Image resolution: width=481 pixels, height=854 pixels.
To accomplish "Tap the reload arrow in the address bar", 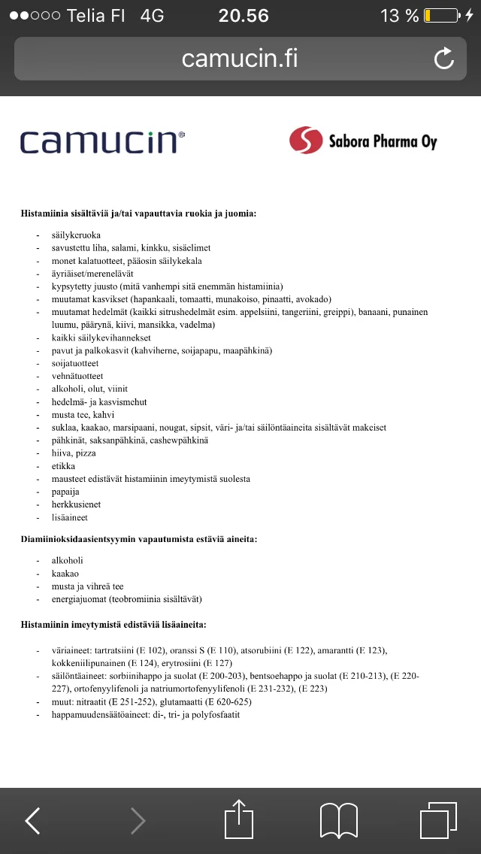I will point(444,59).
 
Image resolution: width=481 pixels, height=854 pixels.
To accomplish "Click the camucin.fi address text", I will point(240,59).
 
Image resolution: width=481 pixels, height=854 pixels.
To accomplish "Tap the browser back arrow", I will point(33,820).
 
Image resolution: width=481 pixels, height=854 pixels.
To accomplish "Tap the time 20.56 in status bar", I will point(244,16).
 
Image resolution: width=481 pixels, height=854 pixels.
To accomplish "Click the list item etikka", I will point(63,466).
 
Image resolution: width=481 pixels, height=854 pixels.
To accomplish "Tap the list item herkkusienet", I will point(76,504).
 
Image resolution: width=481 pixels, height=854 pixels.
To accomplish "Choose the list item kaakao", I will point(65,574).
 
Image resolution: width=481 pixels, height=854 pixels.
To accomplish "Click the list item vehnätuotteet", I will point(77,376).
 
